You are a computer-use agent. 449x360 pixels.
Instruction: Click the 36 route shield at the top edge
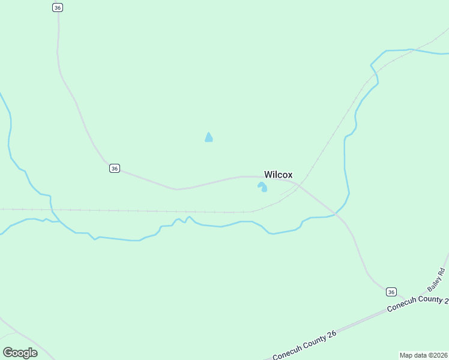coord(58,7)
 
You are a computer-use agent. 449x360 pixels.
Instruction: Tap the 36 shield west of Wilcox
coord(115,169)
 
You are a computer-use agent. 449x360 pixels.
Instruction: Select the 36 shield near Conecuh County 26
coord(391,292)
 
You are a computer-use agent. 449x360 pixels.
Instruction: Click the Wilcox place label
coord(279,175)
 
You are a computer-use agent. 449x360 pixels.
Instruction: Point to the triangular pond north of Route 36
coord(208,137)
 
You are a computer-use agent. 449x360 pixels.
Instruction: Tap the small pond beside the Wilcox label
coord(262,187)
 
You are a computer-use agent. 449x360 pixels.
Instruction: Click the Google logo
coord(20,352)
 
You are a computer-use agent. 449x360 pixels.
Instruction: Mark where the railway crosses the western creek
coord(52,210)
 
